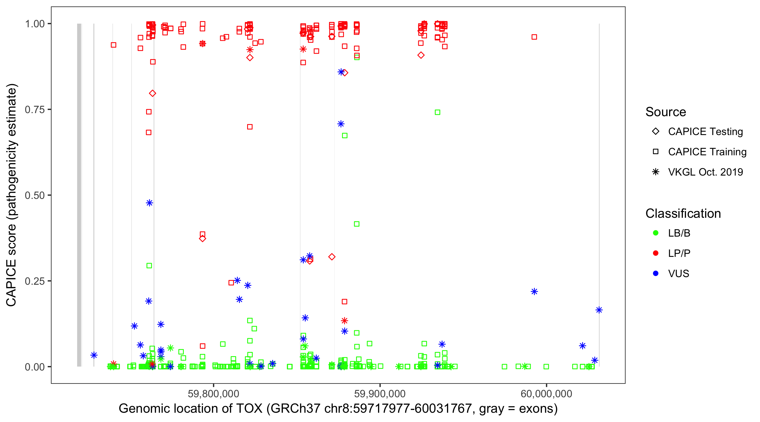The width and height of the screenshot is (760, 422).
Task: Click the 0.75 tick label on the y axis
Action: point(34,109)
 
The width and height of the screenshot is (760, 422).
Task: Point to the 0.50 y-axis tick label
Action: point(34,195)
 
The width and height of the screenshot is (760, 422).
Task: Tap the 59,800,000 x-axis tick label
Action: point(213,394)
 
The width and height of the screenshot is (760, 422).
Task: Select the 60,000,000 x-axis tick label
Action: point(546,394)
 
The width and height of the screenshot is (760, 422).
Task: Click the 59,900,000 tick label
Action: point(380,394)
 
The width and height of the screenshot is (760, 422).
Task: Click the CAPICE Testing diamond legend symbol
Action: point(656,132)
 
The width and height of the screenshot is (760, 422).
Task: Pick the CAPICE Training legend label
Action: point(707,152)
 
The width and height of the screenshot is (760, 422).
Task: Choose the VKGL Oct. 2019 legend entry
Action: point(705,172)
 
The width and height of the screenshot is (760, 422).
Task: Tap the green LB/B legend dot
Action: point(656,233)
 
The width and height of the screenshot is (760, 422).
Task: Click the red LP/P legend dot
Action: point(656,253)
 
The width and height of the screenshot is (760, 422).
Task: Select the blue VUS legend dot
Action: point(656,273)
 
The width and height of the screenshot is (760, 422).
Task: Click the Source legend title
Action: point(666,112)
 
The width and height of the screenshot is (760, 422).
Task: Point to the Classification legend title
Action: point(683,214)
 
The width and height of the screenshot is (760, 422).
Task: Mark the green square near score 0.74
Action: point(437,112)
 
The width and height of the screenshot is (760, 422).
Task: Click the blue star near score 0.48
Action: point(149,203)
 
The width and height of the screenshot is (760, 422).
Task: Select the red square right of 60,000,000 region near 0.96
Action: point(534,37)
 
